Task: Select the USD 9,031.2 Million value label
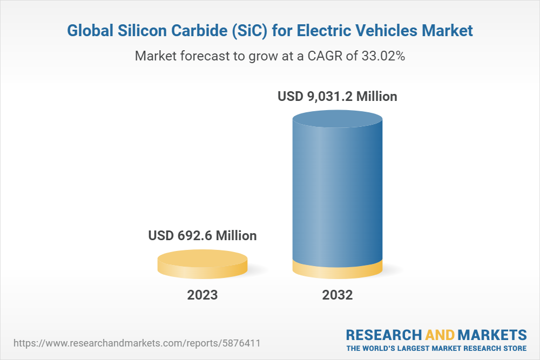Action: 337,97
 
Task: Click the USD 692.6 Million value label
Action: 202,236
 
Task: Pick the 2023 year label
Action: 202,295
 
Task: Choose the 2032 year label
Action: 337,295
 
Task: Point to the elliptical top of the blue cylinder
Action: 337,120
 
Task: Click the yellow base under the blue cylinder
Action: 337,270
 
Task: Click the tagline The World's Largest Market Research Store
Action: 436,348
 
